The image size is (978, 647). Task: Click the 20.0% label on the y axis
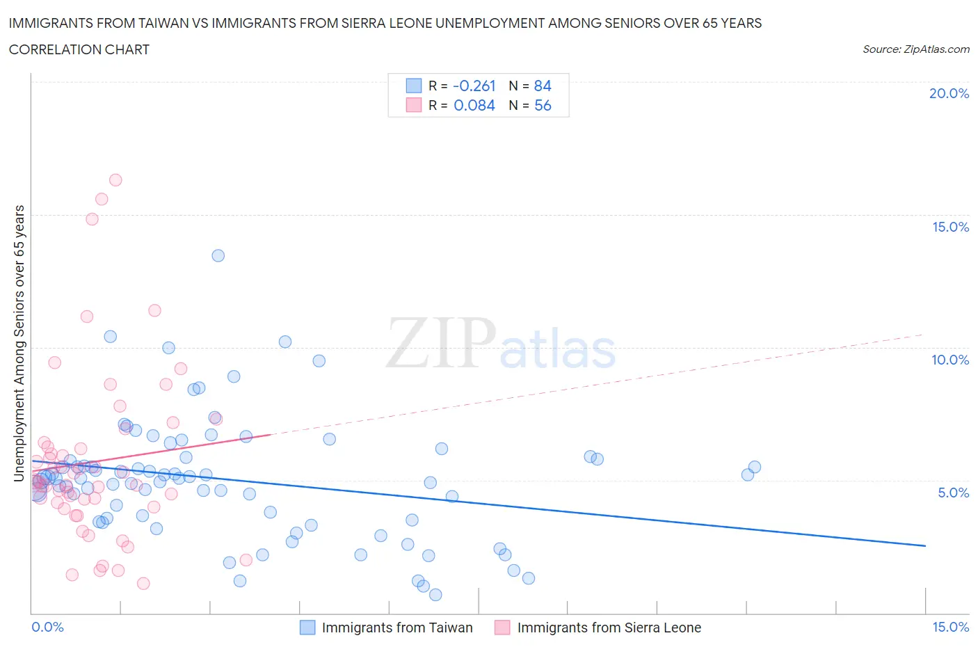pyautogui.click(x=949, y=93)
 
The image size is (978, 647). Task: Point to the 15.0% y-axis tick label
pyautogui.click(x=950, y=227)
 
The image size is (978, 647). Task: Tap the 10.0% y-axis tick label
pyautogui.click(x=950, y=360)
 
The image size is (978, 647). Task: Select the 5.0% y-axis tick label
pyautogui.click(x=953, y=493)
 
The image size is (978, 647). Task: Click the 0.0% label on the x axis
pyautogui.click(x=47, y=627)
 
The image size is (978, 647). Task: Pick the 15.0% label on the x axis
pyautogui.click(x=950, y=627)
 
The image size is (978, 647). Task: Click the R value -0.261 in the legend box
pyautogui.click(x=474, y=86)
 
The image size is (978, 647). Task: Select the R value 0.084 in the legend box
pyautogui.click(x=474, y=105)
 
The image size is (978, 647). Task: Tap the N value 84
pyautogui.click(x=543, y=86)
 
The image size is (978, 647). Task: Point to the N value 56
pyautogui.click(x=543, y=105)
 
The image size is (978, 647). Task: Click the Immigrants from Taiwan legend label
pyautogui.click(x=396, y=628)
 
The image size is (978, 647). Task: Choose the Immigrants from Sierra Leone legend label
pyautogui.click(x=609, y=628)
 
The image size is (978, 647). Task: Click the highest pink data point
pyautogui.click(x=115, y=180)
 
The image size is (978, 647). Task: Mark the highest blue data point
pyautogui.click(x=218, y=255)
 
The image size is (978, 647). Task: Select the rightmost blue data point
pyautogui.click(x=755, y=467)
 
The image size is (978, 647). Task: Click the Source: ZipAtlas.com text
pyautogui.click(x=915, y=49)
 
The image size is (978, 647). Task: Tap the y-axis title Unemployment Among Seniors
pyautogui.click(x=19, y=343)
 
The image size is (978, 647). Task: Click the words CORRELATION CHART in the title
pyautogui.click(x=79, y=49)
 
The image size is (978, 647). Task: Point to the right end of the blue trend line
pyautogui.click(x=925, y=546)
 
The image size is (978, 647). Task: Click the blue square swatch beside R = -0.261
pyautogui.click(x=414, y=86)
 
